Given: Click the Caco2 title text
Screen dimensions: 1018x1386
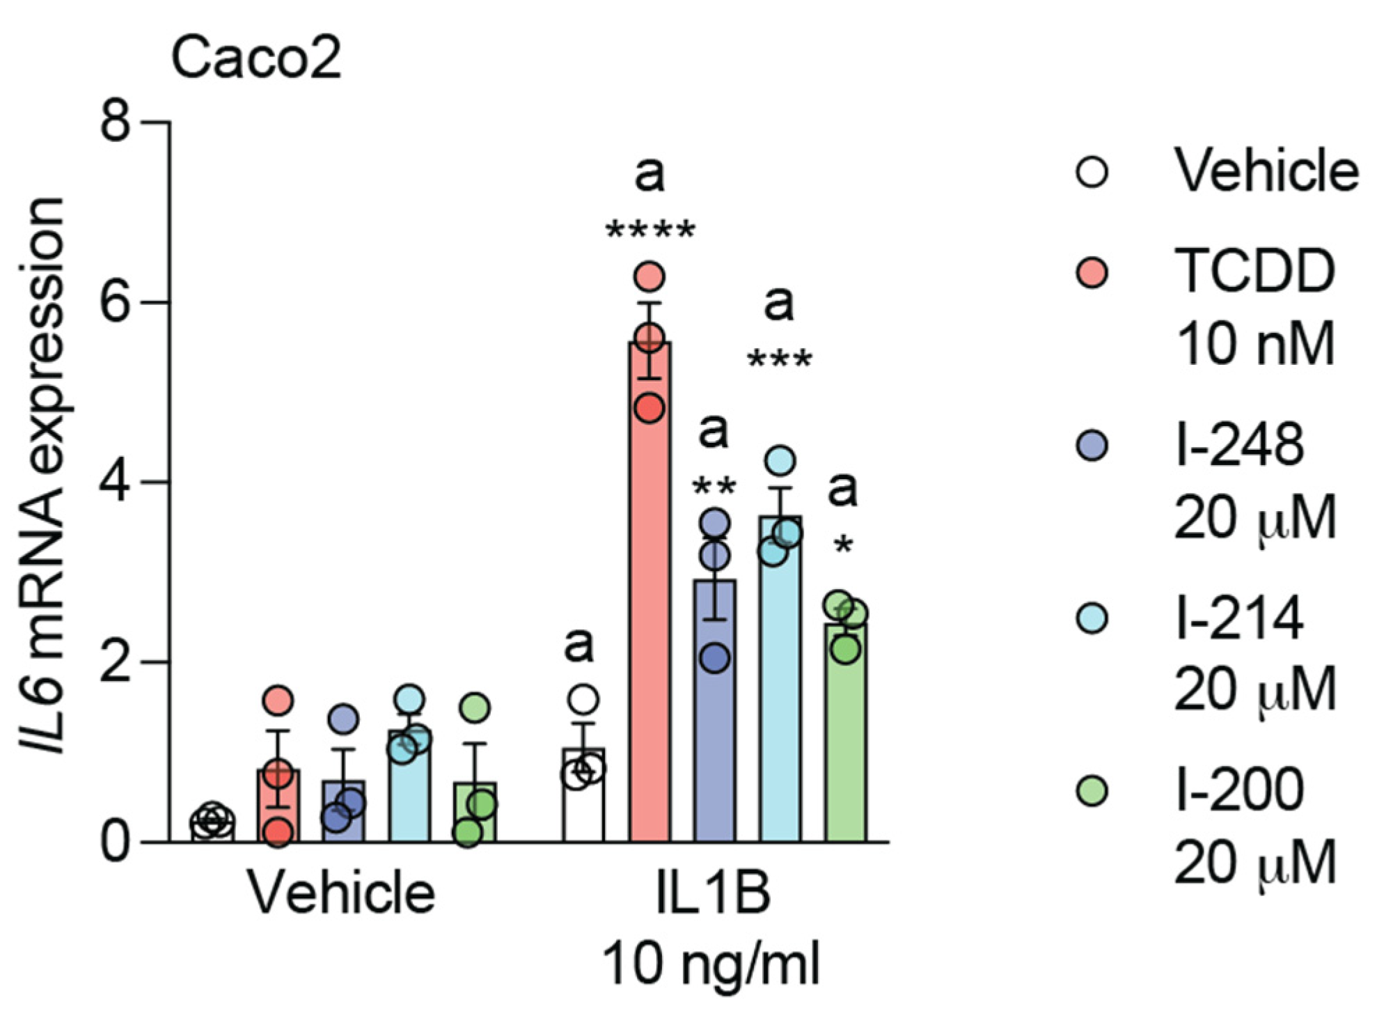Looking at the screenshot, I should point(255,58).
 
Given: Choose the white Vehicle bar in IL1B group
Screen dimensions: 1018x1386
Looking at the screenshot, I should point(583,801).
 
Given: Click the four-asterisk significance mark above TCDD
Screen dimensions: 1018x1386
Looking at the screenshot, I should point(650,230).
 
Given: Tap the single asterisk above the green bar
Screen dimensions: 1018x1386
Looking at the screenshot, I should point(843,545).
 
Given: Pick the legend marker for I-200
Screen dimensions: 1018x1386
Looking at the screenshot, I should point(1092,791).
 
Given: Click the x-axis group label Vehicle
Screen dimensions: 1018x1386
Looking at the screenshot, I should point(342,893).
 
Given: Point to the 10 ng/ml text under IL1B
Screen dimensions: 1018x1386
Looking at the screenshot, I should point(711,964).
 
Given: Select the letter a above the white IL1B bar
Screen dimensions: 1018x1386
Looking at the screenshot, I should point(578,645).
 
